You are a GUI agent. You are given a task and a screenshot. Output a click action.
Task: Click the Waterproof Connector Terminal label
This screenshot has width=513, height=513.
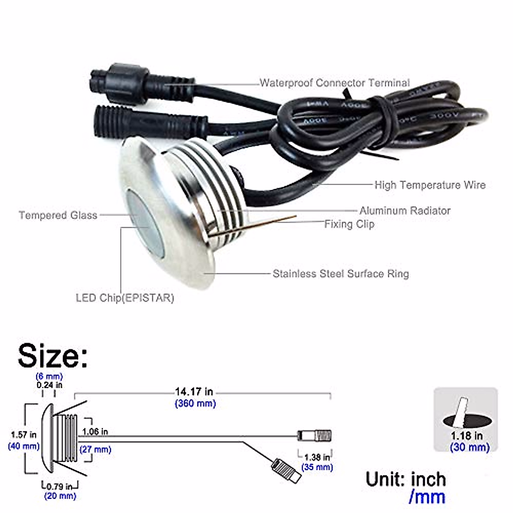pos(334,83)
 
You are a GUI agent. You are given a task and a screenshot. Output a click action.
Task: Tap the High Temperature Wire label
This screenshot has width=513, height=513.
pos(430,185)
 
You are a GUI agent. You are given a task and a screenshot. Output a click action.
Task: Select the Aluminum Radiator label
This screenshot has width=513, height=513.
pos(404,210)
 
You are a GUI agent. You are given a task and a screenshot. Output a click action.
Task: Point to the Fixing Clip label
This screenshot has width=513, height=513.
pos(349,224)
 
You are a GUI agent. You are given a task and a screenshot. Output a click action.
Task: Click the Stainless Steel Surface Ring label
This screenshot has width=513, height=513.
pos(340,274)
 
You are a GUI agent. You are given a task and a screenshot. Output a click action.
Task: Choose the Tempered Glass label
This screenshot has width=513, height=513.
pos(58,215)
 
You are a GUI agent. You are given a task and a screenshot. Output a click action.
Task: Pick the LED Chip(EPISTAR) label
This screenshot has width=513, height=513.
pos(125,298)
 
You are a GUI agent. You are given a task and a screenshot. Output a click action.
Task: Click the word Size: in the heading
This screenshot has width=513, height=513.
pos(53,356)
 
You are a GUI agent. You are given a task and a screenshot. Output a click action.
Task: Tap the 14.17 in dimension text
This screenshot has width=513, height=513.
pos(194,392)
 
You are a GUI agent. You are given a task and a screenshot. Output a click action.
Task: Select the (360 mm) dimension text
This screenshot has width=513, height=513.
pos(195,403)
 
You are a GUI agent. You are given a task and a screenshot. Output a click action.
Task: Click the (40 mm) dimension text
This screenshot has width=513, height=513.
pos(24,446)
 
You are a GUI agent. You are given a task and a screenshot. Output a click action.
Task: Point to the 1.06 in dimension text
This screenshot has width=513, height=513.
pos(95,432)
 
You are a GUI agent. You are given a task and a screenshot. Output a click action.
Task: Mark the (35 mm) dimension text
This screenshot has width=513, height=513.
pos(317,467)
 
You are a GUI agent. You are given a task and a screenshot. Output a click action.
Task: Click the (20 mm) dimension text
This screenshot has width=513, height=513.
pos(60,496)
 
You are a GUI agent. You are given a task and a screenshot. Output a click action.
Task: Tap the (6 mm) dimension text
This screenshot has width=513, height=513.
pos(49,376)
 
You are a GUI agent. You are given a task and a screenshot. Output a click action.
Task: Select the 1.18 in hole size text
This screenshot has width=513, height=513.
pos(467,436)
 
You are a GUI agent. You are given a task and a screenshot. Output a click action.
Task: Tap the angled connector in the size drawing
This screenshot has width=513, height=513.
pos(286,470)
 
